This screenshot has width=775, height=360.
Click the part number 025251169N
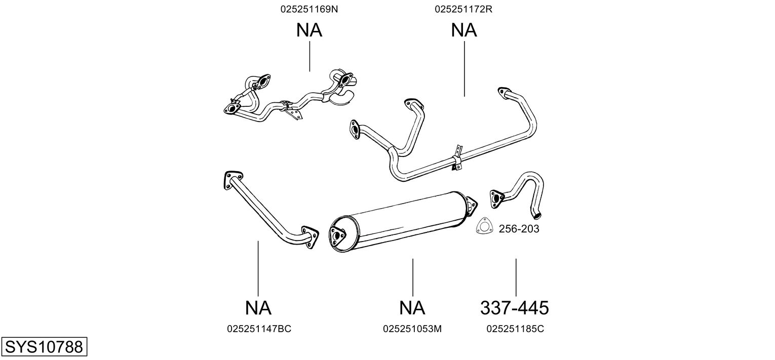pos(309,9)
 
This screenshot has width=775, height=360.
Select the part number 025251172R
pos(463,9)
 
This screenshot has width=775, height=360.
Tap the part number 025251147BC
pos(259,329)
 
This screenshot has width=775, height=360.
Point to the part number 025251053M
pos(412,329)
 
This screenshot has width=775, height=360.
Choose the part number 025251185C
pos(515,329)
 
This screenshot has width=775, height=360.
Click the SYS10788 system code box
pos(44,346)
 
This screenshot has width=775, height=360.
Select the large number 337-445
pos(514,307)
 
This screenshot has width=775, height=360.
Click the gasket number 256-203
pos(519,228)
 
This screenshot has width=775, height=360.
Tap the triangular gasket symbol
pos(485,225)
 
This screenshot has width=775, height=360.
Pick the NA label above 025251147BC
pos(258,307)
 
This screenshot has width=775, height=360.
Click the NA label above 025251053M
pos(412,307)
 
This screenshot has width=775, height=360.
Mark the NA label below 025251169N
pos(309,30)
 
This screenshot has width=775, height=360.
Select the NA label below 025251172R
pos(464,30)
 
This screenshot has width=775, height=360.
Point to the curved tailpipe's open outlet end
pos(536,216)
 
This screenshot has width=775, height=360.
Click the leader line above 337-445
pos(516,277)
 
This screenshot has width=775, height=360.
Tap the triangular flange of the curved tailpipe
pos(497,199)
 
